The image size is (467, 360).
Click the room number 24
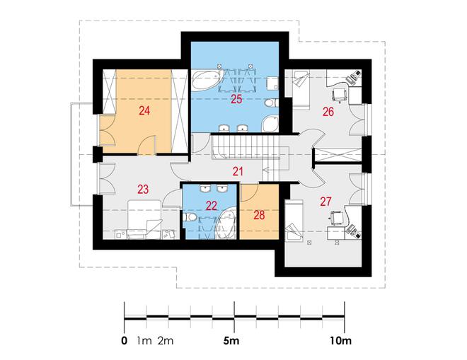[x=144, y=111]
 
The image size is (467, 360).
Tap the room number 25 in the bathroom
[x=237, y=99]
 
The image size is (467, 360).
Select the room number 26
[x=328, y=112]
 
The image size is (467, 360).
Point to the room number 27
[x=325, y=202]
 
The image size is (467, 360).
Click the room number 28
[x=259, y=215]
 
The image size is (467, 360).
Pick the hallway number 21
[x=238, y=171]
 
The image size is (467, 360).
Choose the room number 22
[x=212, y=206]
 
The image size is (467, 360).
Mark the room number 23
[x=143, y=190]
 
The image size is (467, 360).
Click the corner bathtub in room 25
[x=207, y=79]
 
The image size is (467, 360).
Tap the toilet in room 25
[x=271, y=103]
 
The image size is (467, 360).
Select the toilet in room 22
[x=190, y=217]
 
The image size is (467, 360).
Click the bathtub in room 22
[x=226, y=223]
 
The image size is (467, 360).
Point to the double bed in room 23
[x=145, y=219]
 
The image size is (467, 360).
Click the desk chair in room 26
[x=340, y=95]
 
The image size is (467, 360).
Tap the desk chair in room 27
[x=337, y=217]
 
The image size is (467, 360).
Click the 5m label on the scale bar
[x=231, y=341]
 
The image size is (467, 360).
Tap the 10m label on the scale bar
[x=340, y=341]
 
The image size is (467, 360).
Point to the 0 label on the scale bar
[x=125, y=341]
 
